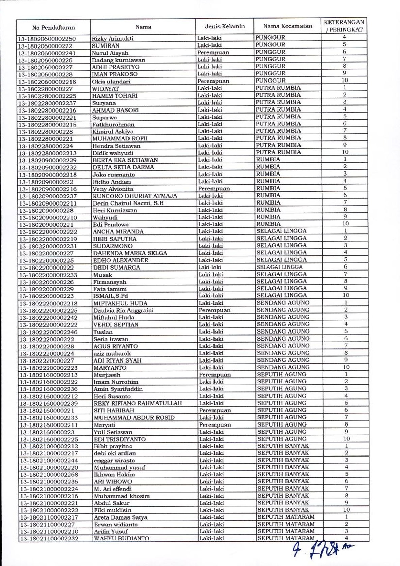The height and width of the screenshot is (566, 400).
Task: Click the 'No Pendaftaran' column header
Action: click(x=53, y=27)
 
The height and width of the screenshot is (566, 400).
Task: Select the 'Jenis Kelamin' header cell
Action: click(x=225, y=26)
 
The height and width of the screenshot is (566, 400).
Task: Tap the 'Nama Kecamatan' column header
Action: click(x=287, y=26)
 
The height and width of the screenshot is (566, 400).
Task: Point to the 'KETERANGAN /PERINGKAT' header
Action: click(x=344, y=26)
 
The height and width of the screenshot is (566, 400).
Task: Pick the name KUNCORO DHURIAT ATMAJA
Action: click(x=135, y=196)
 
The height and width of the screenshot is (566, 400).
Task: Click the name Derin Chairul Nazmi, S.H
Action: click(x=128, y=203)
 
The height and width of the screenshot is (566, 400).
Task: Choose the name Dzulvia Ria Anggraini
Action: click(x=123, y=310)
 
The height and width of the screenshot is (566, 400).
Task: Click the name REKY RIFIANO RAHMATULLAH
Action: click(x=138, y=403)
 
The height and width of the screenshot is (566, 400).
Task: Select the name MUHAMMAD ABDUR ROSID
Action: click(x=134, y=418)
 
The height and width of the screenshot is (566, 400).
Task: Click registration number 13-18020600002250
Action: click(x=47, y=39)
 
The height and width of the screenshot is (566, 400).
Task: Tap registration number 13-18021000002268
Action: click(x=49, y=475)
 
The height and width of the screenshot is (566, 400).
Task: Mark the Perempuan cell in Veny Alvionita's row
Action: click(x=214, y=189)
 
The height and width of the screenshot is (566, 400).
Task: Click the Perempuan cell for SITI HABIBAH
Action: click(x=215, y=410)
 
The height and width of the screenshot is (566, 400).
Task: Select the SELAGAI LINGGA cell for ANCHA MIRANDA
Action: click(x=281, y=231)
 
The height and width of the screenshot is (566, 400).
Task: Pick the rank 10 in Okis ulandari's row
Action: click(x=344, y=80)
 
